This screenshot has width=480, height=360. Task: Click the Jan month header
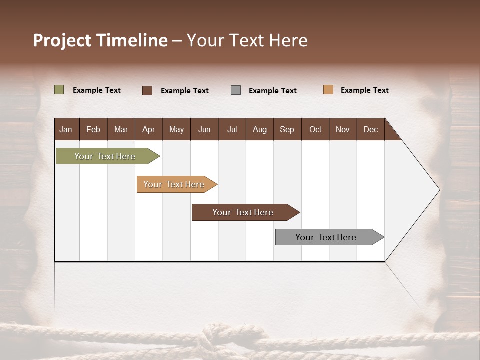[x=66, y=129]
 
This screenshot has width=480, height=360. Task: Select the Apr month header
[x=148, y=129]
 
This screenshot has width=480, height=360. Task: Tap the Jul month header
[x=232, y=129]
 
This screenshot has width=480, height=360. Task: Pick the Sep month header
[x=287, y=129]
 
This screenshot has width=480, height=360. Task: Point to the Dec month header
[x=370, y=129]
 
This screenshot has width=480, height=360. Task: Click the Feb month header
[x=93, y=129]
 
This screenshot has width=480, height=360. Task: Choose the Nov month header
[x=342, y=129]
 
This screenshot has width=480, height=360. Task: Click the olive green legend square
[x=59, y=90]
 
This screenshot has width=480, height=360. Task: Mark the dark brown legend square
[x=147, y=90]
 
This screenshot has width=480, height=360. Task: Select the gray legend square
[x=236, y=90]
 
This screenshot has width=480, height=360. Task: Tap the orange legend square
[x=328, y=90]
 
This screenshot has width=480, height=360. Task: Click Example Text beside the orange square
[x=364, y=90]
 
